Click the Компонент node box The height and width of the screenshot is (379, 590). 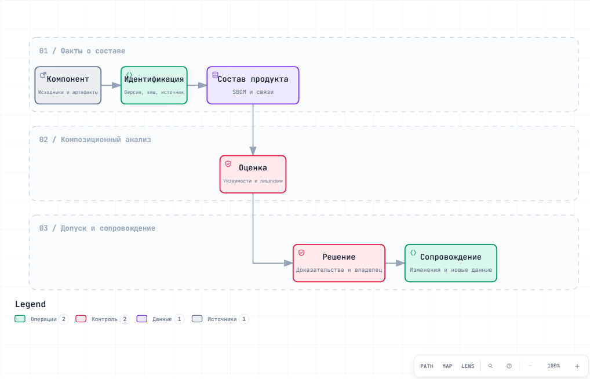[x=68, y=85]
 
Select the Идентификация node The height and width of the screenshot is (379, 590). [x=154, y=85]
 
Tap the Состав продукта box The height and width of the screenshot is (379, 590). [x=253, y=85]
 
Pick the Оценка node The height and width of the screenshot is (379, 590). [x=253, y=174]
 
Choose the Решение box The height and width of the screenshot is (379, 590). [x=339, y=263]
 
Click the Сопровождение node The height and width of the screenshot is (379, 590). [x=451, y=263]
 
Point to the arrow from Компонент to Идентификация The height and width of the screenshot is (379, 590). [x=111, y=85]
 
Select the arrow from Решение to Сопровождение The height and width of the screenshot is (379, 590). [x=395, y=263]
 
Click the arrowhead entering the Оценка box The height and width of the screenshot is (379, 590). [x=253, y=151]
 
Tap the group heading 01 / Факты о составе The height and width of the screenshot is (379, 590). [x=82, y=51]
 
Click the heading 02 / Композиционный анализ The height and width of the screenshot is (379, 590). [x=95, y=140]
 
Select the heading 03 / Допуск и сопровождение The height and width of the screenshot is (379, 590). [x=97, y=228]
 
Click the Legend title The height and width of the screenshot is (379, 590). [x=31, y=304]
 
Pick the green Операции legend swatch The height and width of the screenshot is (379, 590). [x=20, y=319]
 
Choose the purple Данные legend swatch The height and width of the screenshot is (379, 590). [x=142, y=319]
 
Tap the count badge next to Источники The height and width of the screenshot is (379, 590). [x=244, y=319]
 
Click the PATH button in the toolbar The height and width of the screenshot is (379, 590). [x=427, y=366]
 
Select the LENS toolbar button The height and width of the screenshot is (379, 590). [x=468, y=366]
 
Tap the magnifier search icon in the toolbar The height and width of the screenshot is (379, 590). [x=490, y=366]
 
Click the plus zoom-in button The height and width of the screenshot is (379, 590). [x=577, y=366]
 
